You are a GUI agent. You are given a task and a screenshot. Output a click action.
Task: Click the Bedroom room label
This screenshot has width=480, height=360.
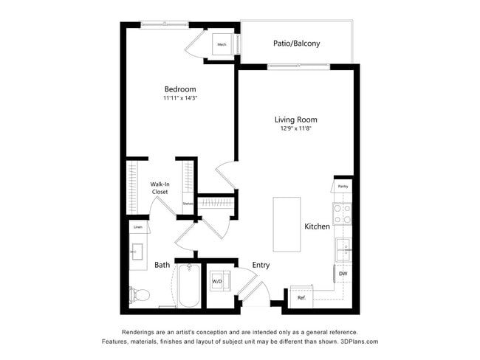point(180,89)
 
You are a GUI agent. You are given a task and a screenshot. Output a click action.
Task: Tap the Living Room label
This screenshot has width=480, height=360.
point(295,120)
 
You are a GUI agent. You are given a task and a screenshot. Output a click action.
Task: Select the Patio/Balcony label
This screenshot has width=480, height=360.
point(296,44)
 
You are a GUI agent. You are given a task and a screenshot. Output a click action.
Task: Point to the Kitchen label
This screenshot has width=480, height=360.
point(318,226)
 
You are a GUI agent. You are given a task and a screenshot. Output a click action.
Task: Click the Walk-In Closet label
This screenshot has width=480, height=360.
point(160,188)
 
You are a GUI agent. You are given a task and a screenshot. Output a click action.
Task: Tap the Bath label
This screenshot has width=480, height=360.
point(162,265)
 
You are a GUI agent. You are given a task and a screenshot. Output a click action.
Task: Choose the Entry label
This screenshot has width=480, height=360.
point(261,265)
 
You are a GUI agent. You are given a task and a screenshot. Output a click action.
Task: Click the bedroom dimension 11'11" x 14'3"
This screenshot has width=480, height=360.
point(180,98)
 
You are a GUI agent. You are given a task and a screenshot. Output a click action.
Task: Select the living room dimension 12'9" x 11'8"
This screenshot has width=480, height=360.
point(295,129)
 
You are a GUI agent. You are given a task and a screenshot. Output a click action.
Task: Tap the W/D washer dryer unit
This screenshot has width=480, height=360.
point(219,281)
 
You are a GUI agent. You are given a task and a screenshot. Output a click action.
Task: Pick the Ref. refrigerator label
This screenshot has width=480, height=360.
point(301,297)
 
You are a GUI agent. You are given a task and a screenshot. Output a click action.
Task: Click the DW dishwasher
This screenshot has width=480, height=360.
point(343,274)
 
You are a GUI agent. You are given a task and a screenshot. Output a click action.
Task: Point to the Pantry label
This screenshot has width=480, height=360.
point(343,187)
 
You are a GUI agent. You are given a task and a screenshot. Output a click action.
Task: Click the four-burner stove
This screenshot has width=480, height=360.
point(343,214)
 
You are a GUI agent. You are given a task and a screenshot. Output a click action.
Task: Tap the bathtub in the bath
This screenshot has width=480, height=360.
point(188,288)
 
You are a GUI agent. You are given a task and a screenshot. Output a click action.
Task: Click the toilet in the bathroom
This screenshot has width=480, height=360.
point(140,295)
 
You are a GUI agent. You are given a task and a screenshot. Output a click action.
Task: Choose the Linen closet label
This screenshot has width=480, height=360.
point(137,226)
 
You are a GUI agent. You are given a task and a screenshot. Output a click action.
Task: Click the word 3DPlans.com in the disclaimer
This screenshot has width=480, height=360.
point(358,342)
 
